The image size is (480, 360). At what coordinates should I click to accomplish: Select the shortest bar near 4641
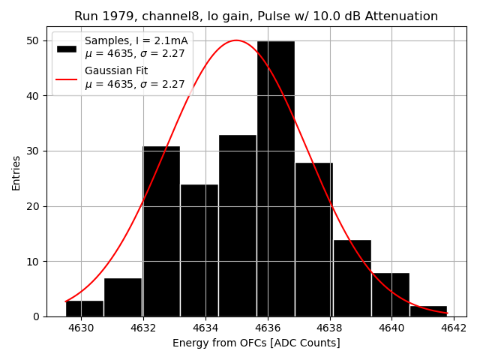428,311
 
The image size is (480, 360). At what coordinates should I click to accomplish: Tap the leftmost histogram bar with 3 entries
85,308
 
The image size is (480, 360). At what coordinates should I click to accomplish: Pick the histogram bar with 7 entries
123,298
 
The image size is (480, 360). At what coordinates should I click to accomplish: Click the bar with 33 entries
238,226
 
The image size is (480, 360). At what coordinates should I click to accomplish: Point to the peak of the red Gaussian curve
235,40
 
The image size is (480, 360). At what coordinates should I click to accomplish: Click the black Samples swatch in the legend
67,48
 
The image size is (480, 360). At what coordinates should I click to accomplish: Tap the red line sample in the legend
67,78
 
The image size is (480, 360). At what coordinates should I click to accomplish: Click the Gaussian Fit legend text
116,71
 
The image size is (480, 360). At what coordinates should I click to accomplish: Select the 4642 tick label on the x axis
453,328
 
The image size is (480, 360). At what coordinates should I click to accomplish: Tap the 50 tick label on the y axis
34,40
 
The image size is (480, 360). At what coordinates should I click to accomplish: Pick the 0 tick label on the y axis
37,316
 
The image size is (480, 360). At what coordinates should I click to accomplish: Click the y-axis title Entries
16,172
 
